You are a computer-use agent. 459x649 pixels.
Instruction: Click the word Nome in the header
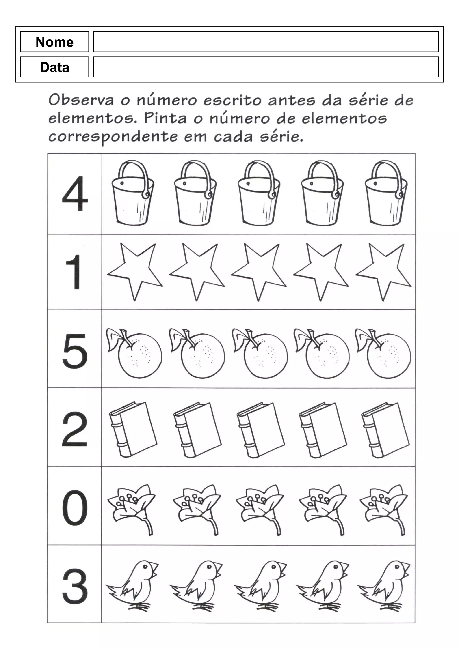(x=55, y=42)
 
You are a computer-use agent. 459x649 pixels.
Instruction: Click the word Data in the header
(x=55, y=67)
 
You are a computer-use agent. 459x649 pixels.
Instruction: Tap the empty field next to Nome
(x=266, y=42)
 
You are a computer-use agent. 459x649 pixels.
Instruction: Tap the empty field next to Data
(x=266, y=67)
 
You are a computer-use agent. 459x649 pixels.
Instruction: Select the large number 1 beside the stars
(x=74, y=272)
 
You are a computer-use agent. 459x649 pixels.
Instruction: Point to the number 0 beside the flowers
(x=75, y=508)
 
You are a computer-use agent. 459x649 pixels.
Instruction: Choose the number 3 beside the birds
(x=75, y=586)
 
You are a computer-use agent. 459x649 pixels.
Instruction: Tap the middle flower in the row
(x=259, y=506)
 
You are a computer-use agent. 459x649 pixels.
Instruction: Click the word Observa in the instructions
(x=81, y=100)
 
